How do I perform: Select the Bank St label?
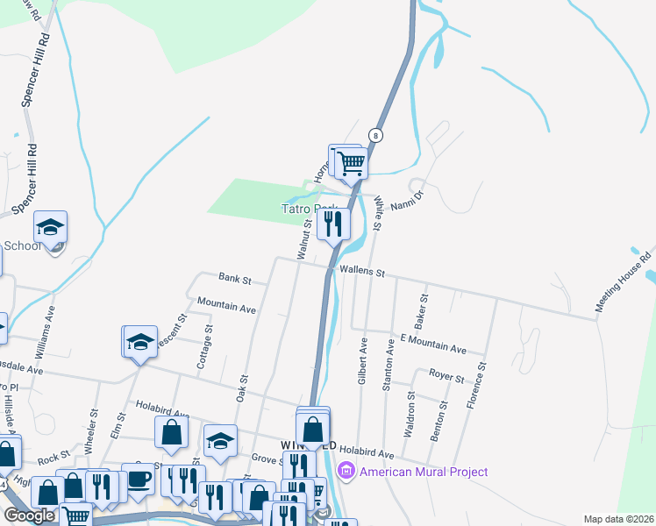235,281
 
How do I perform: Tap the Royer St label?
446,377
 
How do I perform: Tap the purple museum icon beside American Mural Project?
346,472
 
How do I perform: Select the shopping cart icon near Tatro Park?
351,162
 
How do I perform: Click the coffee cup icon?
138,479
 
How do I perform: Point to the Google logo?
30,515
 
